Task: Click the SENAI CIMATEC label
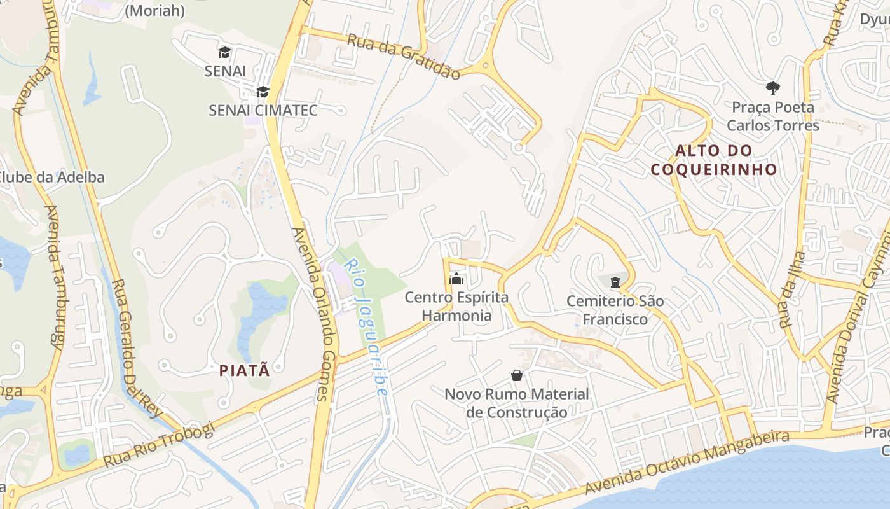[x=263, y=110]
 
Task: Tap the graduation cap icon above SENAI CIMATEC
[x=263, y=92]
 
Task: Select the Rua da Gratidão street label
[x=404, y=57]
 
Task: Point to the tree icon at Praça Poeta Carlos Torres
[x=773, y=88]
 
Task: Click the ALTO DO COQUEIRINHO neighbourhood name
[x=714, y=160]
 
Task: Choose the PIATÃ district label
[x=245, y=370]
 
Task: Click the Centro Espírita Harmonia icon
[x=456, y=279]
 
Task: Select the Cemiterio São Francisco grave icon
[x=615, y=282]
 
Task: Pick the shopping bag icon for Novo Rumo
[x=517, y=375]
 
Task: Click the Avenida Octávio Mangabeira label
[x=687, y=463]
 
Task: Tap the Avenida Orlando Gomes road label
[x=317, y=314]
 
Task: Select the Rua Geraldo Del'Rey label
[x=137, y=349]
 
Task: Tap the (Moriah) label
[x=155, y=11]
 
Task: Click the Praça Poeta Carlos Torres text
[x=773, y=116]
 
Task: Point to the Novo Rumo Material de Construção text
[x=517, y=403]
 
